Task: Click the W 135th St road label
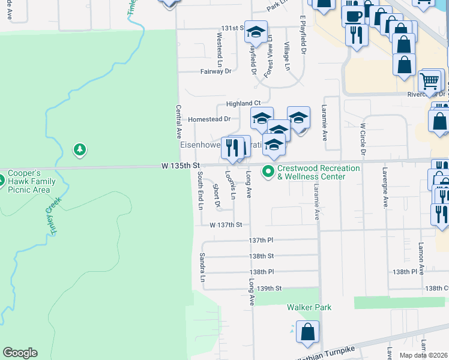[x=180, y=164]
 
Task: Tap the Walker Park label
[x=309, y=307]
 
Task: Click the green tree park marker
[x=79, y=149]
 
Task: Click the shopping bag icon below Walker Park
[x=307, y=332]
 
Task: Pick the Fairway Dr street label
[x=215, y=71]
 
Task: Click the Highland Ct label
[x=243, y=104]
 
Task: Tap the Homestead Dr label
[x=209, y=119]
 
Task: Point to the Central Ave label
[x=178, y=119]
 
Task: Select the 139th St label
[x=270, y=289]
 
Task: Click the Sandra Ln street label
[x=202, y=268]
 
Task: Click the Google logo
[x=20, y=353]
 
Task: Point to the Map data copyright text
[x=424, y=355]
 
